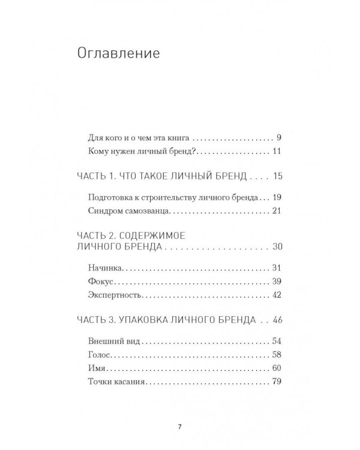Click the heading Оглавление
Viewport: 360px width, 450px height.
tap(118, 54)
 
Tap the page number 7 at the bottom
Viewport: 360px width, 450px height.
tap(180, 427)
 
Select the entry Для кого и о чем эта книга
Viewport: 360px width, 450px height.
tap(137, 136)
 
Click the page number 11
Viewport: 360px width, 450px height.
tap(277, 151)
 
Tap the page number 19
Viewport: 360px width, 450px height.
tap(277, 197)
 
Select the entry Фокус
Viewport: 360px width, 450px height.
tap(100, 281)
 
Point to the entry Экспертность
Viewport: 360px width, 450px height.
tap(113, 296)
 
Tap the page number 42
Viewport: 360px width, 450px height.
tap(277, 296)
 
